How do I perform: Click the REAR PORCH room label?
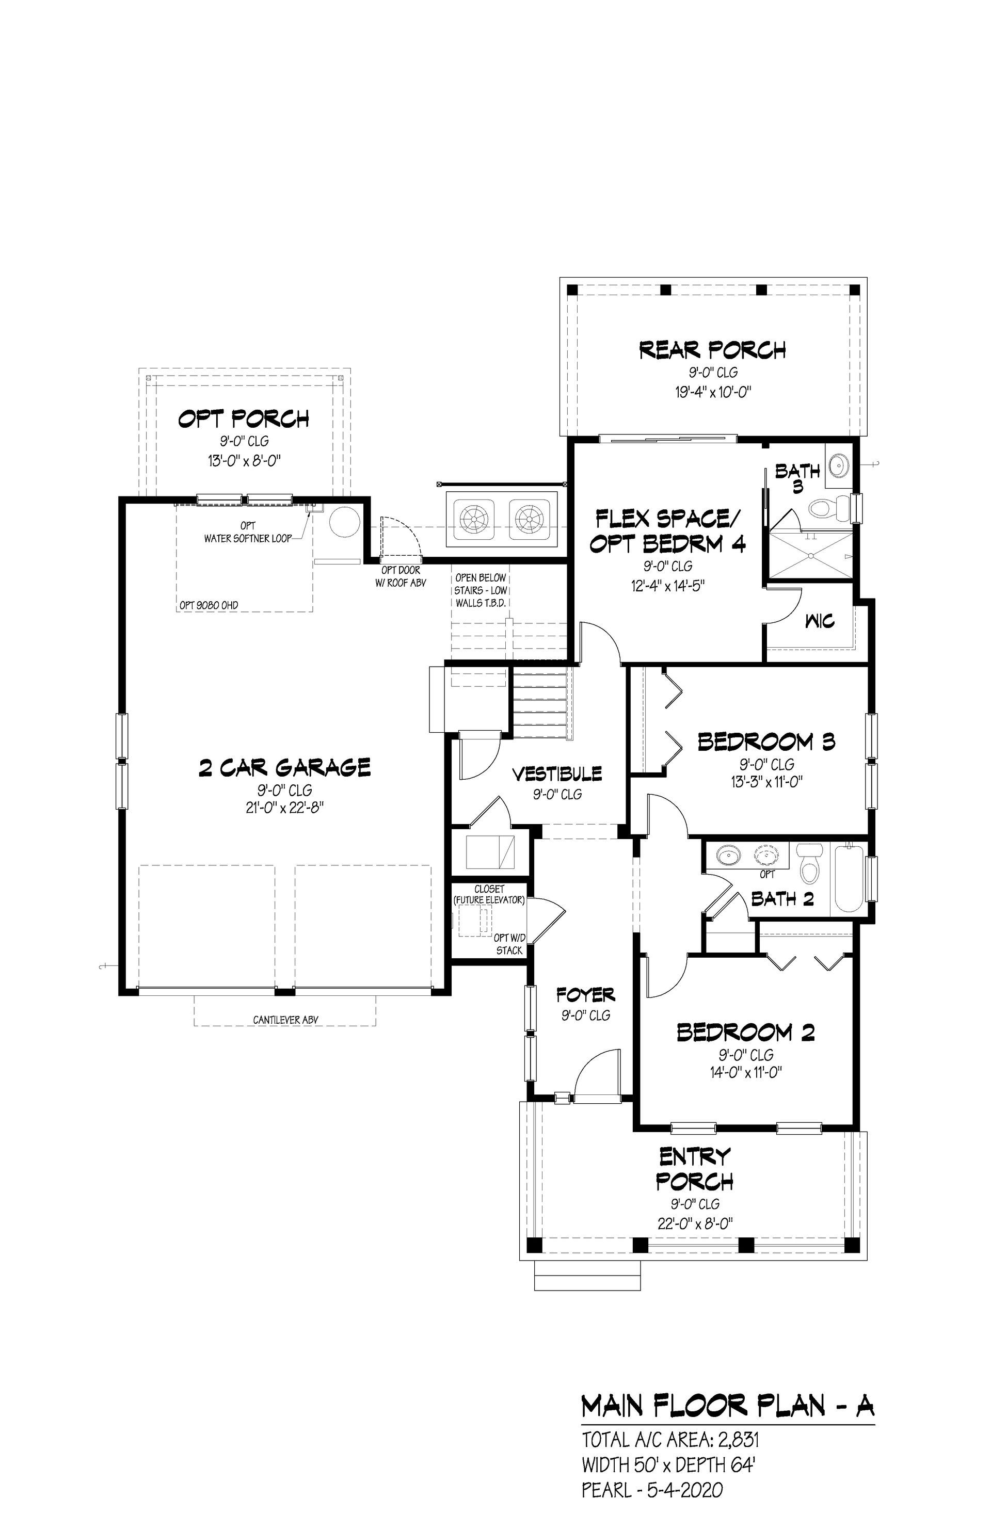click(712, 350)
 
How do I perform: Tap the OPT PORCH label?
click(244, 420)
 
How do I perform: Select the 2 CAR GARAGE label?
click(284, 767)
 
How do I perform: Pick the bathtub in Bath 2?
click(850, 879)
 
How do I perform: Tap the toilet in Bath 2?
click(808, 865)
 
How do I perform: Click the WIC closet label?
click(820, 621)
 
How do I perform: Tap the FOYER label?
click(586, 995)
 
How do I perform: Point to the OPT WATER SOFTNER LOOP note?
click(248, 533)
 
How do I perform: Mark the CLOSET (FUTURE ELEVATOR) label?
click(490, 895)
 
